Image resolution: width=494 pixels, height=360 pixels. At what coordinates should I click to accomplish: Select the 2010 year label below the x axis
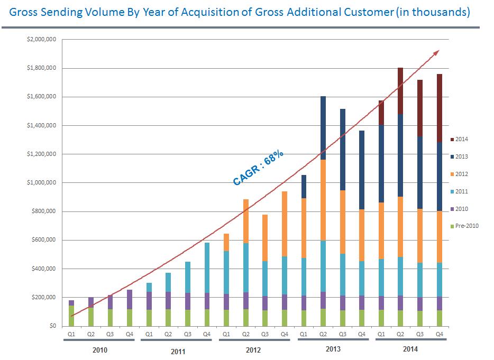pyautogui.click(x=100, y=349)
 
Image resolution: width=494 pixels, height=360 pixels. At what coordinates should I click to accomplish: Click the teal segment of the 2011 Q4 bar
pyautogui.click(x=207, y=267)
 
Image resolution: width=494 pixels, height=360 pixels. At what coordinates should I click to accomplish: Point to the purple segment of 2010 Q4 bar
pyautogui.click(x=130, y=299)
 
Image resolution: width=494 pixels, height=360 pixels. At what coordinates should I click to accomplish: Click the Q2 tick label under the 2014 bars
pyautogui.click(x=400, y=334)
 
